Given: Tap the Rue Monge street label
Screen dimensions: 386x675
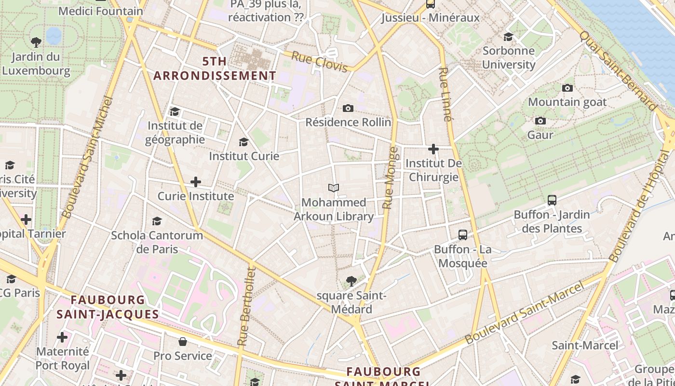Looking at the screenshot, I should point(391,178).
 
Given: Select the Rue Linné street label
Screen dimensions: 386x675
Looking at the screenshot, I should point(445,95).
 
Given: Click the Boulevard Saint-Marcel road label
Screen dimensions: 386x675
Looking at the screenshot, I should point(525,312).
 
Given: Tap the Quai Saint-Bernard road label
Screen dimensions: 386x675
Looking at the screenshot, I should point(618,70).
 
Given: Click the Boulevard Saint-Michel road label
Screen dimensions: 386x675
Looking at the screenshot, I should point(88,157).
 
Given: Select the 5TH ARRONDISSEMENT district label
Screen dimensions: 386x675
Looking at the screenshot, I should point(215,69).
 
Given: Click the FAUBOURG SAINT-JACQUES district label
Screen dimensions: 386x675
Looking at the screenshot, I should point(108,307).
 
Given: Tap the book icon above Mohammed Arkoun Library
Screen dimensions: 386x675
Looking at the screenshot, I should point(334,188).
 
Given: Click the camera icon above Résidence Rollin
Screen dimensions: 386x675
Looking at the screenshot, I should point(348,108).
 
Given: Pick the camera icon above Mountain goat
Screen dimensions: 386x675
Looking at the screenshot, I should point(567,88).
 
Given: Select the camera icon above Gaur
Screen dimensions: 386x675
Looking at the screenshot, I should point(540,121).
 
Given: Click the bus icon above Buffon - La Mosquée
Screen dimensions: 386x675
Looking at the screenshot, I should point(463,235).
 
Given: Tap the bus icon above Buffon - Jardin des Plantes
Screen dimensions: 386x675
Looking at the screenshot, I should point(552,200).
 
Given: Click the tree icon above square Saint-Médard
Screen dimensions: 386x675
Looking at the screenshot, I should point(351,281).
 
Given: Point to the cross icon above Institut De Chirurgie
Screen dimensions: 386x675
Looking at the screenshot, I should point(433,149).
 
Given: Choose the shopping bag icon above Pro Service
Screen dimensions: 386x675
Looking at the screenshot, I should point(183,342).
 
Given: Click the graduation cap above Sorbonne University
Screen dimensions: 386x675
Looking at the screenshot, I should point(509,37).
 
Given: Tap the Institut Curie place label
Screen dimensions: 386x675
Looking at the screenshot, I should point(244,156).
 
